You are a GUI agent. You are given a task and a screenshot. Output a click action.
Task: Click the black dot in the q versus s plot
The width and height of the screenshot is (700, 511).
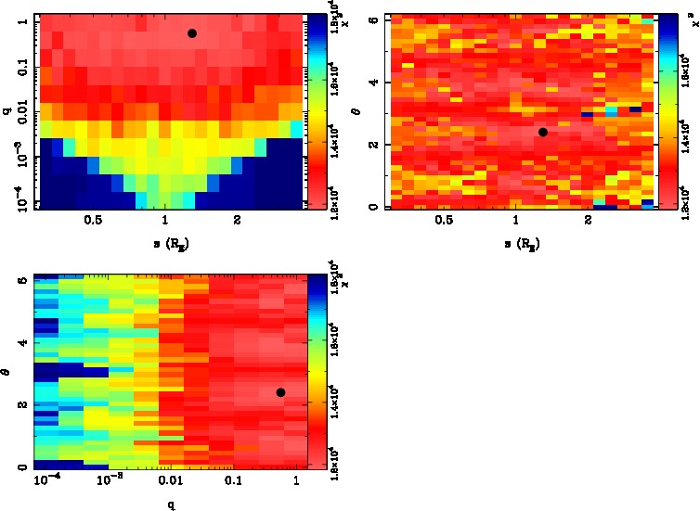(192, 33)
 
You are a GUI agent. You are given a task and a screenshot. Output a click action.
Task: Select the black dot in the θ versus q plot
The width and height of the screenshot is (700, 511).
(280, 392)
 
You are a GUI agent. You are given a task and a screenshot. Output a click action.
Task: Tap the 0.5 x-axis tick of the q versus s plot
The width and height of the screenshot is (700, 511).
(93, 220)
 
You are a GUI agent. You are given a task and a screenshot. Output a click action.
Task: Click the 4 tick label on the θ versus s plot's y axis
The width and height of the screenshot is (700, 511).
(374, 83)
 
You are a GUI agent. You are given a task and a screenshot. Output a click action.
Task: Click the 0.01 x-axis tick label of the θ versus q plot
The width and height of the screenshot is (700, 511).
(170, 480)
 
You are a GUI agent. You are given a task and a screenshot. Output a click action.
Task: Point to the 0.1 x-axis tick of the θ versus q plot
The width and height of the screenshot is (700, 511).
(233, 480)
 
